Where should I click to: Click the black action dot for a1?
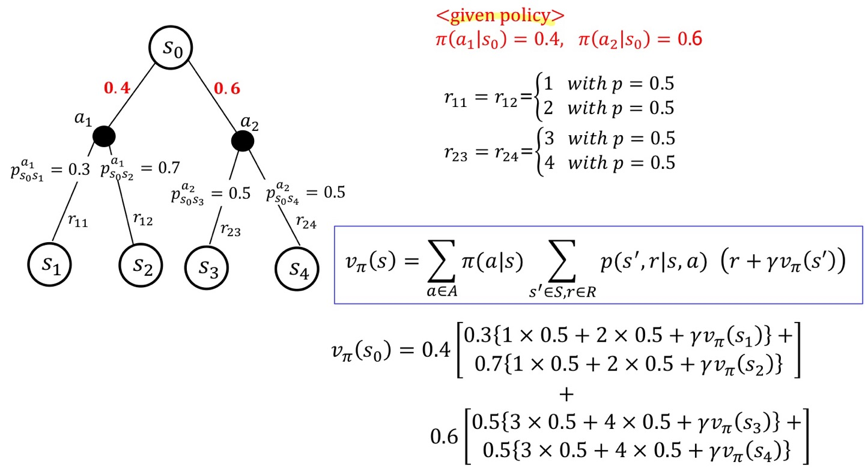(x=104, y=136)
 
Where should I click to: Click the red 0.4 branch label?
(x=117, y=88)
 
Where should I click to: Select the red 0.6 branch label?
(x=227, y=88)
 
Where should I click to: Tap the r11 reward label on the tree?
(x=77, y=221)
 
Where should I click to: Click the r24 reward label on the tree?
(x=306, y=223)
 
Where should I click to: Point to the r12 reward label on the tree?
(x=142, y=220)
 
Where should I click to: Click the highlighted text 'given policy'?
(x=500, y=15)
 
